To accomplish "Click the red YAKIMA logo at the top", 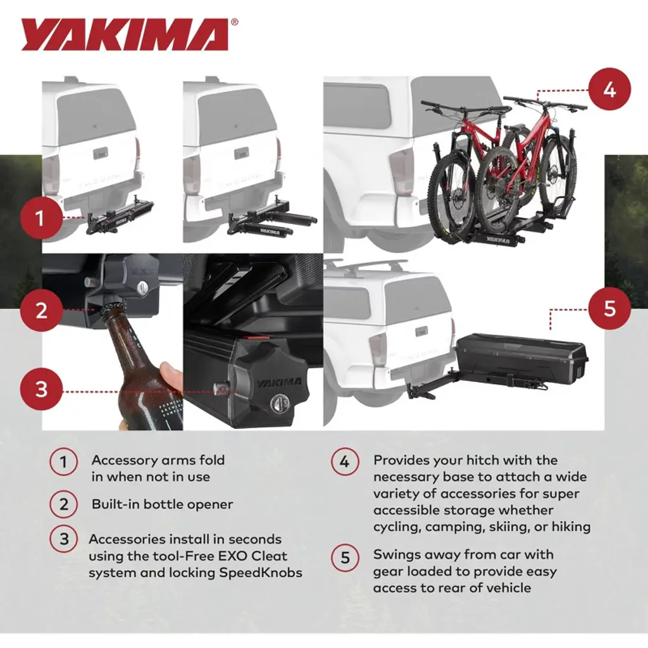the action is pyautogui.click(x=125, y=35).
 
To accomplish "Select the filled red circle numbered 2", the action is pyautogui.click(x=41, y=310).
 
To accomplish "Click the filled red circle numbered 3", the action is pyautogui.click(x=41, y=389).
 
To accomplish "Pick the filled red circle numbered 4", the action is pyautogui.click(x=609, y=89).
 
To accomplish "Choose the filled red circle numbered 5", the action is pyautogui.click(x=609, y=308).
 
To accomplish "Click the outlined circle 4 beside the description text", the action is pyautogui.click(x=345, y=461).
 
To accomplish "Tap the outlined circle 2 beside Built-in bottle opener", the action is pyautogui.click(x=64, y=504).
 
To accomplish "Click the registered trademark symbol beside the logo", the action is pyautogui.click(x=234, y=22).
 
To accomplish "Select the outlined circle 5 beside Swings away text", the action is pyautogui.click(x=345, y=558).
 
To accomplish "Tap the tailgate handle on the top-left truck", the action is pyautogui.click(x=101, y=153).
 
